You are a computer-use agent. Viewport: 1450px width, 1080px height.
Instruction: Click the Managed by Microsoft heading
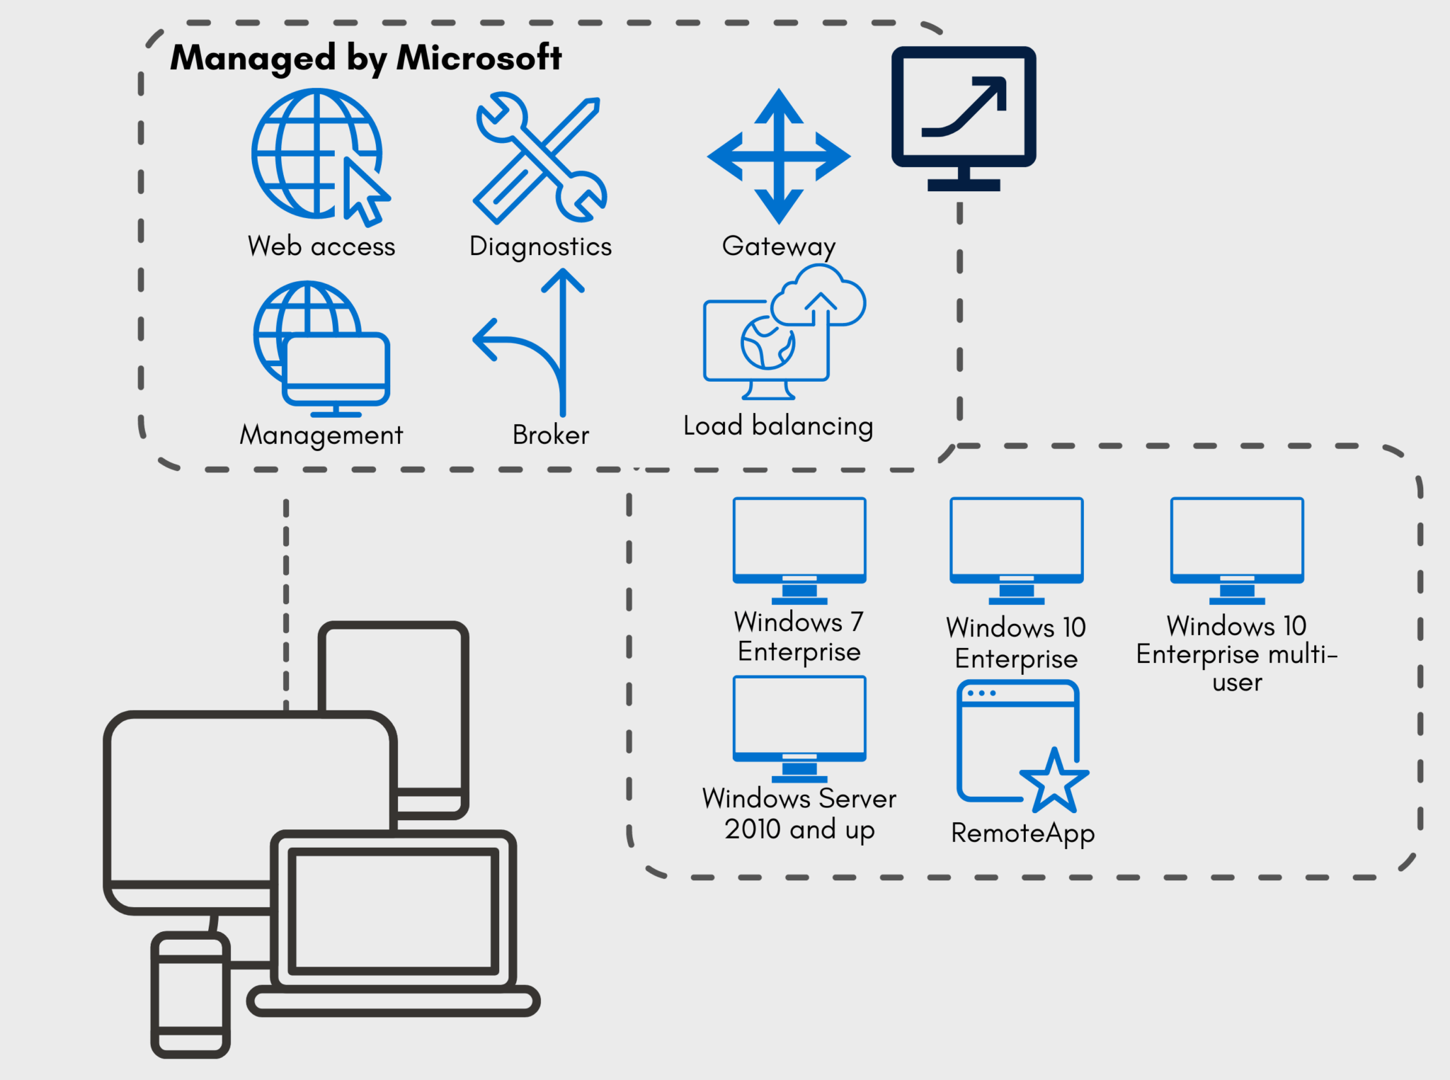365,57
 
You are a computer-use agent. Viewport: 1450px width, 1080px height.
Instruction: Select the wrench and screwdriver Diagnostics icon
540,158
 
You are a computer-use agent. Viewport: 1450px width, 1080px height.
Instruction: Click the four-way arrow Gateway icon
779,157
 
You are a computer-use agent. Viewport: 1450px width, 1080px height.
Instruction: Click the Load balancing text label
777,426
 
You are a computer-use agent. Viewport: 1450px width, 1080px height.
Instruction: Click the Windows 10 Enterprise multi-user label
1236,654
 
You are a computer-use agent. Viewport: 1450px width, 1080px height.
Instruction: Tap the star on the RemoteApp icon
1054,782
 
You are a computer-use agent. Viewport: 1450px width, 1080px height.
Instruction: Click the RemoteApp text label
1022,834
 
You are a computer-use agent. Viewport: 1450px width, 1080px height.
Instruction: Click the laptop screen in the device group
393,911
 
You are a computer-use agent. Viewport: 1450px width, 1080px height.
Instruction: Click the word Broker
550,435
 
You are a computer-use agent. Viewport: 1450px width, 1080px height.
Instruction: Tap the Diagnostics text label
540,246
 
